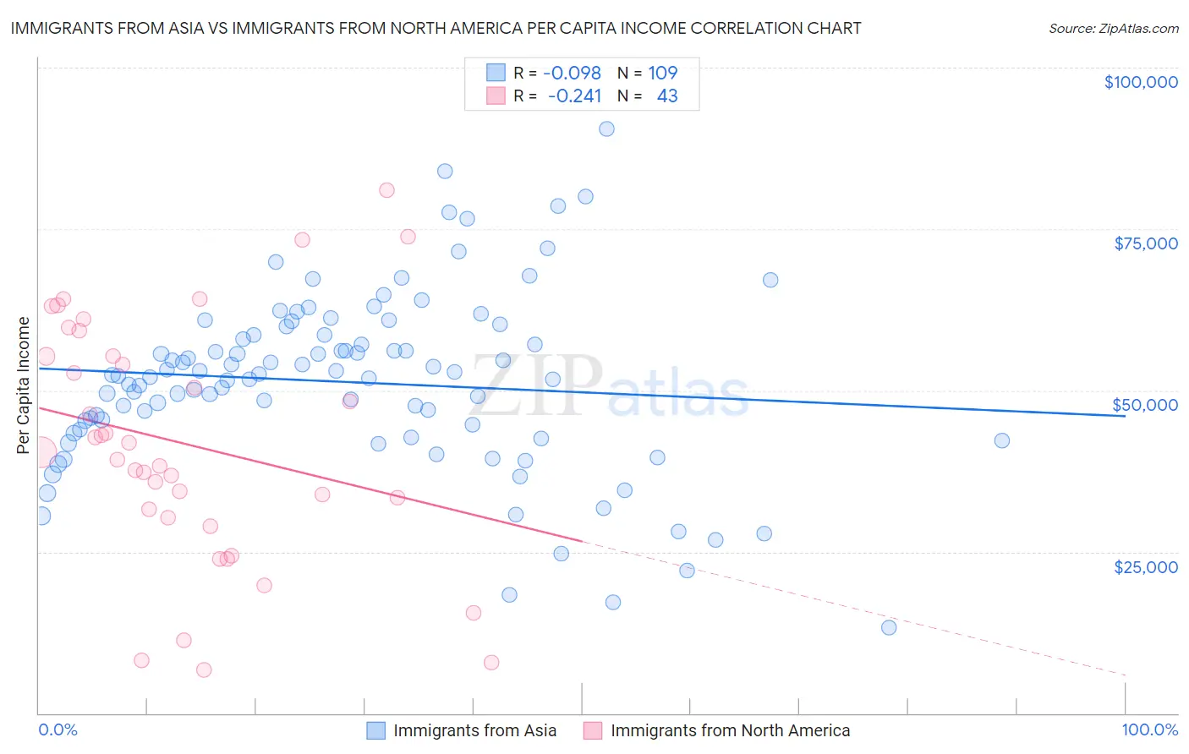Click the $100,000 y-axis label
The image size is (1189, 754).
coord(1141,82)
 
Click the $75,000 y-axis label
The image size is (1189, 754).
coord(1146,243)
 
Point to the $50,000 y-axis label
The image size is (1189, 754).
coord(1145,405)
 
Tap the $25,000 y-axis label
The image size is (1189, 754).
coord(1146,566)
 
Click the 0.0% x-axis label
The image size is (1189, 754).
coord(58,729)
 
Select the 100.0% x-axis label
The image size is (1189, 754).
coord(1149,729)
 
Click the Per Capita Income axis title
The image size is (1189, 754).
coord(24,385)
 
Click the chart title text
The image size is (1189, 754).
coord(436,28)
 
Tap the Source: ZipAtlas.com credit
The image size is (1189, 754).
coord(1113,29)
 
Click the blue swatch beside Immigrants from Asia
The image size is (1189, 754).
coord(375,730)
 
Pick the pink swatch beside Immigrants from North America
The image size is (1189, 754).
coord(593,730)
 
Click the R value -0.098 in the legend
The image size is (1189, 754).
coord(572,73)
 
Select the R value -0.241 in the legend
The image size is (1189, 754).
coord(574,96)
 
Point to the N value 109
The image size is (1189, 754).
coord(663,73)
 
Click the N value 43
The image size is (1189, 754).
coord(667,96)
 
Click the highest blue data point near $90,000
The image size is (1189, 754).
coord(606,129)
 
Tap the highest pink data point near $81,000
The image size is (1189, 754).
coord(386,190)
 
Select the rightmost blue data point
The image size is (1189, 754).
coord(1002,440)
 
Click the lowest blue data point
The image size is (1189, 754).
coord(889,627)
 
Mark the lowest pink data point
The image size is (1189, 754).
coord(204,670)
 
